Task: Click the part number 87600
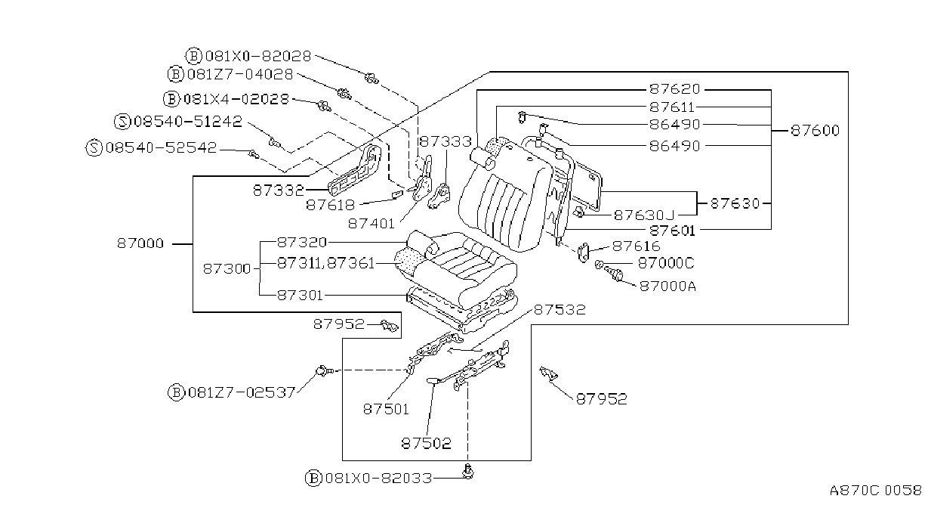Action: [x=815, y=131]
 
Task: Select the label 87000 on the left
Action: [x=140, y=243]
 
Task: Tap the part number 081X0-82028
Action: [x=258, y=56]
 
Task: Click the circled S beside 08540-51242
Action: [x=122, y=122]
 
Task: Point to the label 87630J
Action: [x=644, y=215]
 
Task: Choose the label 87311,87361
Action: [x=325, y=263]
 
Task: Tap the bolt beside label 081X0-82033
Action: [x=468, y=472]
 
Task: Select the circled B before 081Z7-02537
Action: [x=176, y=392]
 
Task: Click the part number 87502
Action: [x=426, y=444]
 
